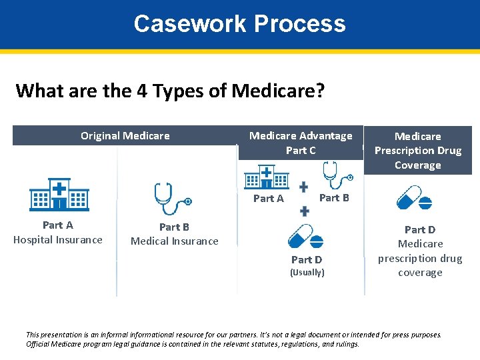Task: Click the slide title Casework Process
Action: [239, 24]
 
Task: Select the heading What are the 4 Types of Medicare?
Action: [170, 90]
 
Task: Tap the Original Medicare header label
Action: [125, 136]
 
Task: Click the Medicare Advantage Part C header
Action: [301, 143]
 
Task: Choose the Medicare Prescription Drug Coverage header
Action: [418, 151]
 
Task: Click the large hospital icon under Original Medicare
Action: [59, 195]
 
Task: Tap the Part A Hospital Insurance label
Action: [58, 233]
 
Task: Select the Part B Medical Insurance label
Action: [174, 234]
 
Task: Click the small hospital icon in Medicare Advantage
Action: [267, 177]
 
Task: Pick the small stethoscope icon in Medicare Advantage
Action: [335, 175]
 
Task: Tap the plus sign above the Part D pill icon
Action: [304, 211]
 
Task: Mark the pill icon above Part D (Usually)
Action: [305, 237]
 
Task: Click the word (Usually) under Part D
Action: [307, 273]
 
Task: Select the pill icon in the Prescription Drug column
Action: [414, 198]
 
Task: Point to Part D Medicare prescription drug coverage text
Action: [420, 251]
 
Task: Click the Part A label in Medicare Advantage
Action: [268, 199]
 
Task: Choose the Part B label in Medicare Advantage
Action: [334, 197]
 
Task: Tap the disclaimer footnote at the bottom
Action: [233, 339]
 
